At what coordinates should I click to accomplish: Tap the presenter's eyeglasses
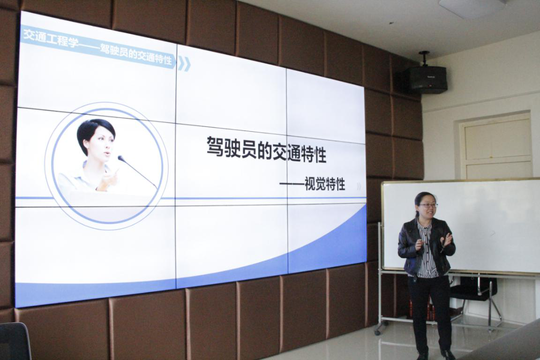(x=428, y=205)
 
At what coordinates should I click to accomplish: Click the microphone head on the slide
(x=121, y=158)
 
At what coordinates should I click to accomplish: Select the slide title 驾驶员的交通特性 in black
(x=266, y=150)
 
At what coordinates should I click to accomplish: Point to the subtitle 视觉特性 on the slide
(x=325, y=184)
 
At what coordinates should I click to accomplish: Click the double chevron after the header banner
(x=184, y=64)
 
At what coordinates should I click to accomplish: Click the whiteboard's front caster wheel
(x=377, y=331)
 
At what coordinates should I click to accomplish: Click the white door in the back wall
(x=497, y=148)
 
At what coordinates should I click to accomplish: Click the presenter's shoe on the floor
(x=447, y=354)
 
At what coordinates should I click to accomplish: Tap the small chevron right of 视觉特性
(x=359, y=187)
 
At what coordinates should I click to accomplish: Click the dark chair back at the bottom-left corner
(x=15, y=341)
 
